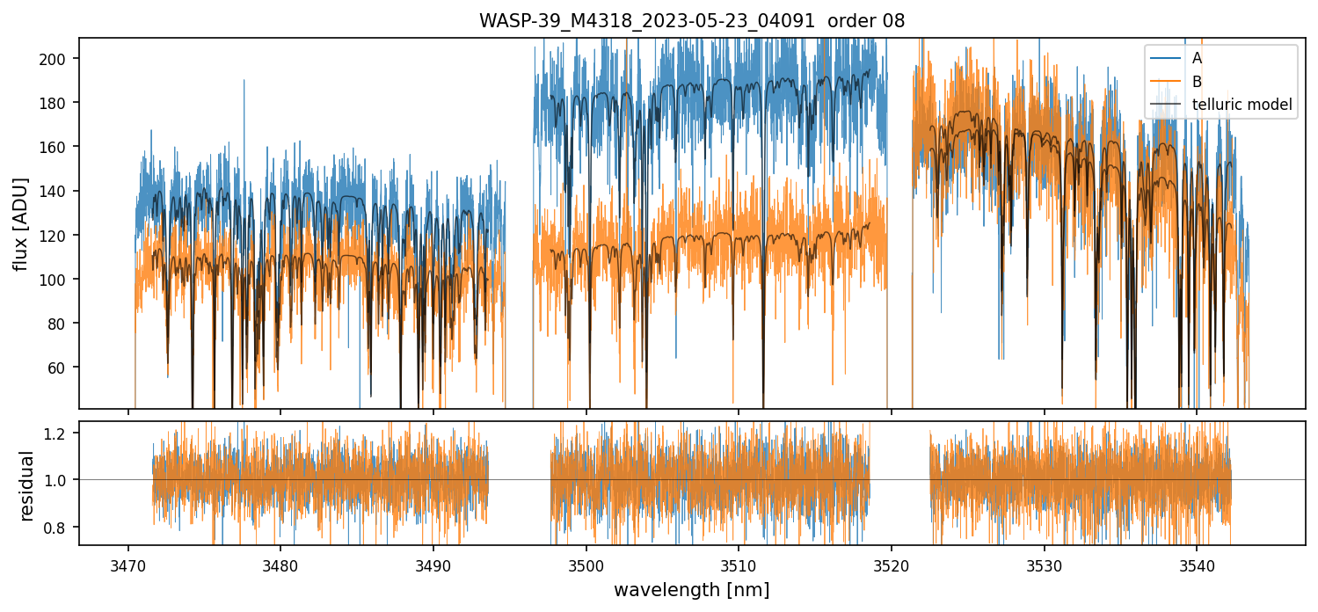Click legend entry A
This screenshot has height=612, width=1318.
pyautogui.click(x=1197, y=58)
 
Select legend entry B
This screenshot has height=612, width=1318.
pyautogui.click(x=1197, y=81)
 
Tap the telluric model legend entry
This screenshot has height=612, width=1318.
pyautogui.click(x=1242, y=105)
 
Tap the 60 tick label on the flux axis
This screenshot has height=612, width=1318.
pyautogui.click(x=62, y=367)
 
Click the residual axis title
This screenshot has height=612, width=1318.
pyautogui.click(x=26, y=485)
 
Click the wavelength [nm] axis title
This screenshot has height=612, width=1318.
pyautogui.click(x=691, y=589)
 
